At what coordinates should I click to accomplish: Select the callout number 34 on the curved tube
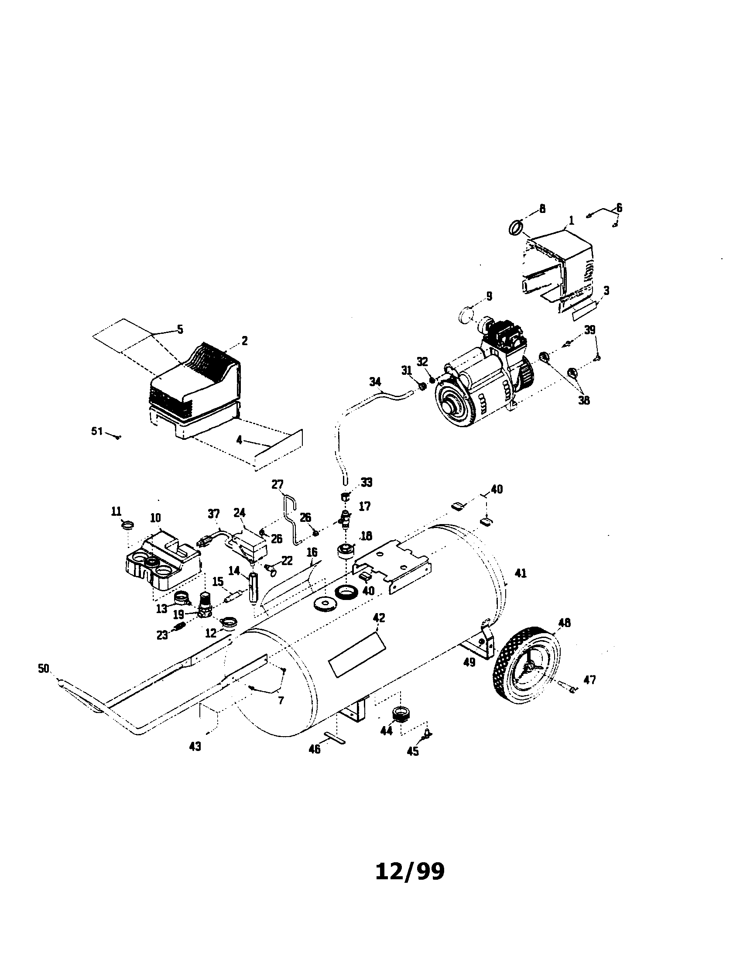click(x=375, y=381)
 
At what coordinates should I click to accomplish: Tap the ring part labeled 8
click(x=516, y=228)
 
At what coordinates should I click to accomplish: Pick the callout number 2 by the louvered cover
click(x=244, y=341)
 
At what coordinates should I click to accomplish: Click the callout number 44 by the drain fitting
click(x=386, y=731)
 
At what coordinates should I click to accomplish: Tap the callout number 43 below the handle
click(x=195, y=746)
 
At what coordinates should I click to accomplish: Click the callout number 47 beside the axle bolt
click(x=589, y=680)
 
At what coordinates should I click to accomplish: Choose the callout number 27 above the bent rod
click(x=277, y=485)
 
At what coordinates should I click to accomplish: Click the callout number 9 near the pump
click(x=489, y=296)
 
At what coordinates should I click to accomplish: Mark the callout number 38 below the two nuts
click(x=583, y=401)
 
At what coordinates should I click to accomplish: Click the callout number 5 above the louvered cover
click(x=180, y=329)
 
